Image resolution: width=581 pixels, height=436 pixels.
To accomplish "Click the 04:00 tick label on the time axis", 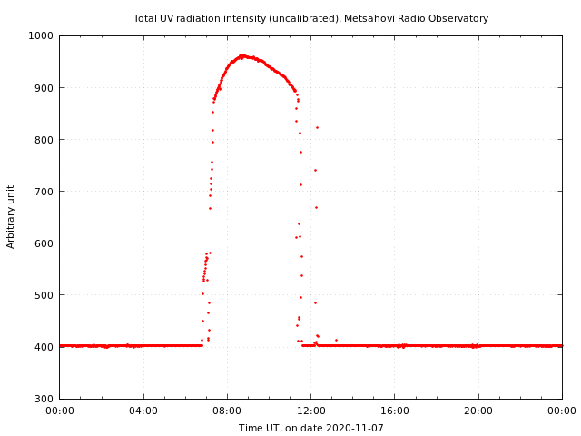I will click(143, 411).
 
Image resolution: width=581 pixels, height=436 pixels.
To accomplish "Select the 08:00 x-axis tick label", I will click(227, 411).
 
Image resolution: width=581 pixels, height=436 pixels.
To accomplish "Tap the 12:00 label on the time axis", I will click(311, 411).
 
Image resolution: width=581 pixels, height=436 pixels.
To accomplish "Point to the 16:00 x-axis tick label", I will click(395, 411).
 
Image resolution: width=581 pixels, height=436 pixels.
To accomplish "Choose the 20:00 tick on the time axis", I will click(478, 411).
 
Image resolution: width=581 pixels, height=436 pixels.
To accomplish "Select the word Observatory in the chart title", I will click(458, 18).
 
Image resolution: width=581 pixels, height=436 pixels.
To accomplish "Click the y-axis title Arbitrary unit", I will click(11, 216).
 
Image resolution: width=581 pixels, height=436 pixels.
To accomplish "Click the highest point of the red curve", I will click(242, 55).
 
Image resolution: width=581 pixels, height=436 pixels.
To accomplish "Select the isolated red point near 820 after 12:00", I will click(317, 127).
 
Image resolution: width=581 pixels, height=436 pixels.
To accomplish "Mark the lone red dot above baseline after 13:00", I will click(336, 340).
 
